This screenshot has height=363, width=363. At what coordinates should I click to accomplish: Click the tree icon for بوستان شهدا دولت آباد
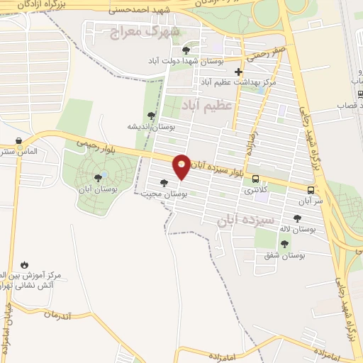point(186,50)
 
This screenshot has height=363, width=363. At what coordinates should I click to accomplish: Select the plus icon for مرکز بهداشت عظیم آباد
point(239,72)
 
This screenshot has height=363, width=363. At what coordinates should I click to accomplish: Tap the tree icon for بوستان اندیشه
point(151,115)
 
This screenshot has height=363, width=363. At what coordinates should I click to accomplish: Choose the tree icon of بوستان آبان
point(97,177)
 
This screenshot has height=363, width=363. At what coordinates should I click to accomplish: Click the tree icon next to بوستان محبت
point(164,183)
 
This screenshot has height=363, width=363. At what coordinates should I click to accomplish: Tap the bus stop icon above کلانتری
point(255,179)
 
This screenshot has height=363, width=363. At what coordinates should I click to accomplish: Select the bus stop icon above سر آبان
point(311,190)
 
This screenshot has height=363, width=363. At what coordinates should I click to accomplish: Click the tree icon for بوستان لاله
point(296,218)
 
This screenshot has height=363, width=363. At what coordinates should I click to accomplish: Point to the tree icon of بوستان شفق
point(284,244)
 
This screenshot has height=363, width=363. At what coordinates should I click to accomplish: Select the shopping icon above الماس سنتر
point(27,141)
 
